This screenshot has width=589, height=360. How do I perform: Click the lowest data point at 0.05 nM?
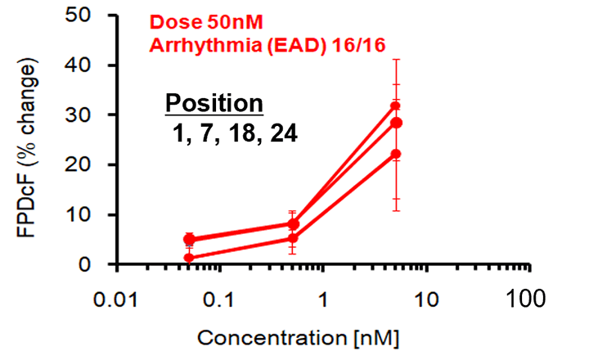click(189, 258)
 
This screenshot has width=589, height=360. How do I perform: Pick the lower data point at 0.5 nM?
click(293, 239)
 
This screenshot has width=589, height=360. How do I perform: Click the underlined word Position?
click(214, 104)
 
